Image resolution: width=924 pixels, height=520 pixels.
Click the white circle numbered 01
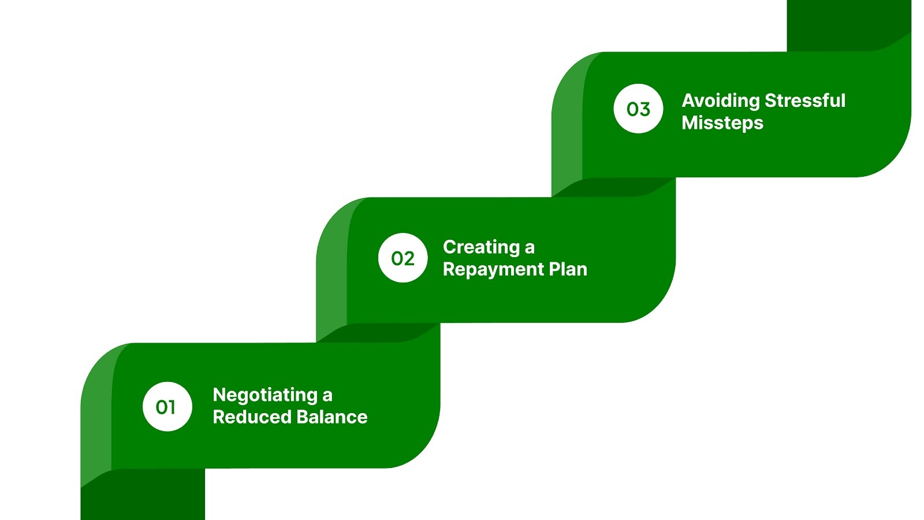pos(167,407)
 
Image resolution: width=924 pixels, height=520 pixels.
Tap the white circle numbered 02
pos(403,258)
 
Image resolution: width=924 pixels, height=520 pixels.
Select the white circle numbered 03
pos(638,109)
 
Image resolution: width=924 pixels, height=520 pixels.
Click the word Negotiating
pos(265,395)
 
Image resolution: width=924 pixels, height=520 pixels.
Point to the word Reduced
pos(243,417)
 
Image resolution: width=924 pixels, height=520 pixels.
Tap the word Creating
pos(481,247)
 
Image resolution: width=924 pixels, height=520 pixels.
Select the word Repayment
pos(493,270)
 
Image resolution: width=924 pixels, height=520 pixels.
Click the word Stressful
pos(805,101)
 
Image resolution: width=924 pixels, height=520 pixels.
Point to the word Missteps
pos(722,123)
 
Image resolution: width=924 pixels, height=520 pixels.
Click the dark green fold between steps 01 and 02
pos(378,333)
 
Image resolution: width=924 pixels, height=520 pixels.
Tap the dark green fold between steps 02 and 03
pos(613,187)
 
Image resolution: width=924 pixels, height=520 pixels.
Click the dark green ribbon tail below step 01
pos(143,497)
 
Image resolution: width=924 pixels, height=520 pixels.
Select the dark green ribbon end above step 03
pos(849,23)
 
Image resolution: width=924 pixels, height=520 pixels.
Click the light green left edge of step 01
pos(95,416)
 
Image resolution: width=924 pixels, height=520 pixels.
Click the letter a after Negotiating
pos(327,396)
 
